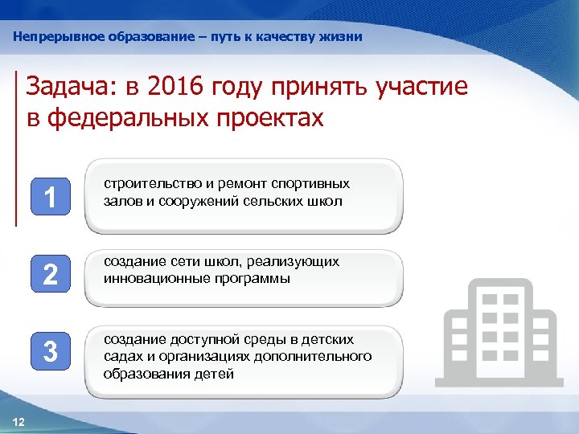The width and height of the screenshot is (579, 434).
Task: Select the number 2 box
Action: point(50,276)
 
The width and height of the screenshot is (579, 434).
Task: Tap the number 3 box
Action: point(50,352)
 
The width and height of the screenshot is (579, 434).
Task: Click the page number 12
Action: point(19,422)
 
